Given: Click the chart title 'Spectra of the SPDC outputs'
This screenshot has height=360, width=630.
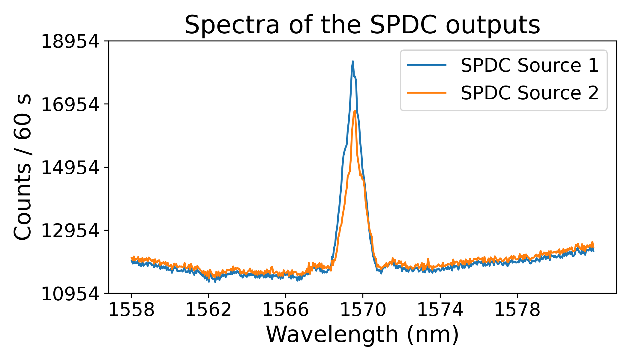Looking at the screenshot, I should [362, 25].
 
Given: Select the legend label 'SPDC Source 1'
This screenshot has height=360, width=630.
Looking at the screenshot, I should [529, 65].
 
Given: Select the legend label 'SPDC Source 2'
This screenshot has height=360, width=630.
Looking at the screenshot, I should [529, 93].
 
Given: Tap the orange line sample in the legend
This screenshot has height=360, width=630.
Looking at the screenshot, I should [427, 93].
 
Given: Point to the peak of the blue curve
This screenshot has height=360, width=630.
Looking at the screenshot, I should [353, 61].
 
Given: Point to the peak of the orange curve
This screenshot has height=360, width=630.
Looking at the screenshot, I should [355, 111].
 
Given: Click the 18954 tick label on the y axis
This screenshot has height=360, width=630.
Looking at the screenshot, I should [70, 41].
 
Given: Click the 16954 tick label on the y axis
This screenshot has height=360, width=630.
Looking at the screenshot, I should [70, 105].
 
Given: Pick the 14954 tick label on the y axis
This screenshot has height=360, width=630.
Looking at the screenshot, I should [70, 168].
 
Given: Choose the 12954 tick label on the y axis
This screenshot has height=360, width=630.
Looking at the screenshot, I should [70, 231].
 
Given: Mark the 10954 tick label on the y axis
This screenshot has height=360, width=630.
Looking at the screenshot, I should [70, 294].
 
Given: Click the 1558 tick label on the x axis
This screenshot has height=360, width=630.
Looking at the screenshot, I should [131, 310].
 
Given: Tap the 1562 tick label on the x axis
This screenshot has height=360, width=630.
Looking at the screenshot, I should [208, 310].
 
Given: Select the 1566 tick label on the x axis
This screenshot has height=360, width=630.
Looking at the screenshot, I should [286, 310].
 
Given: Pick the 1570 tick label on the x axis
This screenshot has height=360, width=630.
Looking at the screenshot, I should [363, 310].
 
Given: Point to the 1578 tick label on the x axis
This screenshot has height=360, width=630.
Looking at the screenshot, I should [517, 310].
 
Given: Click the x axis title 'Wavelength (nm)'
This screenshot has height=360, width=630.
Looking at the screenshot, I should [362, 334].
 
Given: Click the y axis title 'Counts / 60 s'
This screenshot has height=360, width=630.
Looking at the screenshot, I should [22, 167].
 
